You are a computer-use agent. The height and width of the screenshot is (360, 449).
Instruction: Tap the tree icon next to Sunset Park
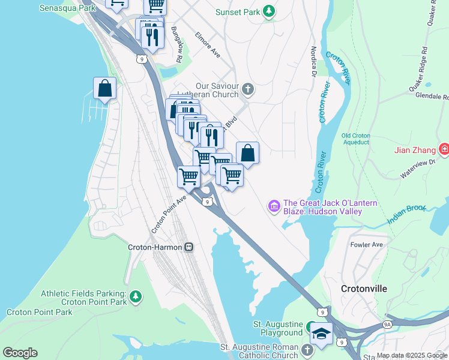click(x=270, y=11)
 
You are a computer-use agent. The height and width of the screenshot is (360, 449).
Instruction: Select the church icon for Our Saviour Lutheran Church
click(x=248, y=91)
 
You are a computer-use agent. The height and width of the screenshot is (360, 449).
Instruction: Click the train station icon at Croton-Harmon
click(x=188, y=247)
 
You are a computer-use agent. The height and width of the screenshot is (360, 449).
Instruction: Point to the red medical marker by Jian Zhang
click(x=444, y=149)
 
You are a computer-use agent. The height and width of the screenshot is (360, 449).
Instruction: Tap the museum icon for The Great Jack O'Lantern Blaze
click(x=274, y=207)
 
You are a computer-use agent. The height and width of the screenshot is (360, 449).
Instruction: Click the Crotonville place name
click(x=364, y=289)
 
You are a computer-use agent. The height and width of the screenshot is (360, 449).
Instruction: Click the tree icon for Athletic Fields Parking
click(x=136, y=296)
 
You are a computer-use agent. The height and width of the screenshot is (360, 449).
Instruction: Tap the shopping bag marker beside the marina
click(x=105, y=89)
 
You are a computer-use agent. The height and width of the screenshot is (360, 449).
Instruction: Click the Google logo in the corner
click(x=20, y=353)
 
